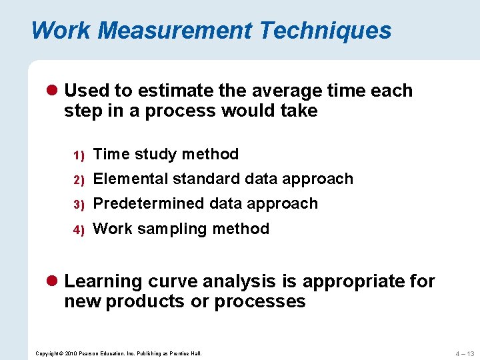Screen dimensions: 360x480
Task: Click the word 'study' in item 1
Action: pyautogui.click(x=157, y=155)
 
